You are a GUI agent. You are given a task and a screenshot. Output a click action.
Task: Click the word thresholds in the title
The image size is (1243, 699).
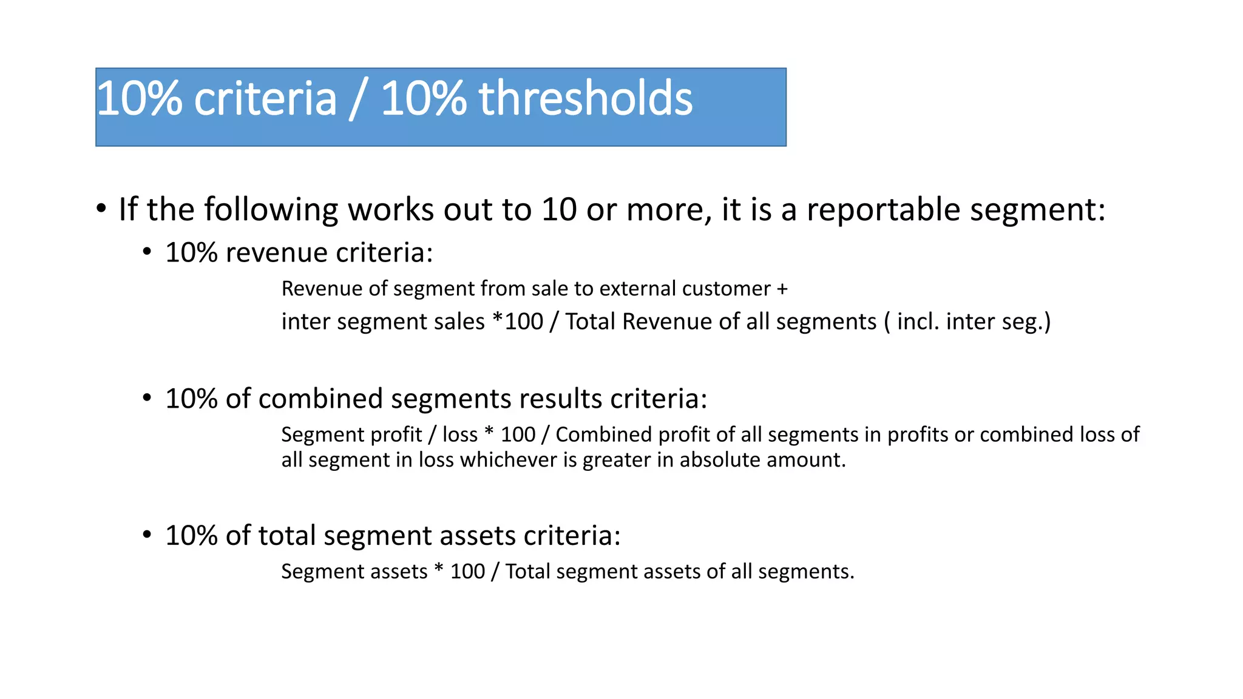tap(585, 98)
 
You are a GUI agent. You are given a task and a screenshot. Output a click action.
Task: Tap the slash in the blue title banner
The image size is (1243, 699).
tap(358, 100)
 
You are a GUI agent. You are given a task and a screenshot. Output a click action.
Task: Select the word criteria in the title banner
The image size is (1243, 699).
tap(265, 98)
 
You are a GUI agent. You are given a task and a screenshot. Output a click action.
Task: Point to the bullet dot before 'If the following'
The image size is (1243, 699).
tap(101, 209)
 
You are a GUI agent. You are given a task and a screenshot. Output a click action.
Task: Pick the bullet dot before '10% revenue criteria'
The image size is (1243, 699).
tap(147, 252)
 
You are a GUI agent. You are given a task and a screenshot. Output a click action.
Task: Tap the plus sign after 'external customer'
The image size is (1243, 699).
tap(782, 289)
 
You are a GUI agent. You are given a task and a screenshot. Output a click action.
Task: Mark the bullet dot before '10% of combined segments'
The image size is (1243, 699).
tap(147, 398)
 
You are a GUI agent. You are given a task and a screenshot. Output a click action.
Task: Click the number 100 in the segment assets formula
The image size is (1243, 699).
tap(467, 572)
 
